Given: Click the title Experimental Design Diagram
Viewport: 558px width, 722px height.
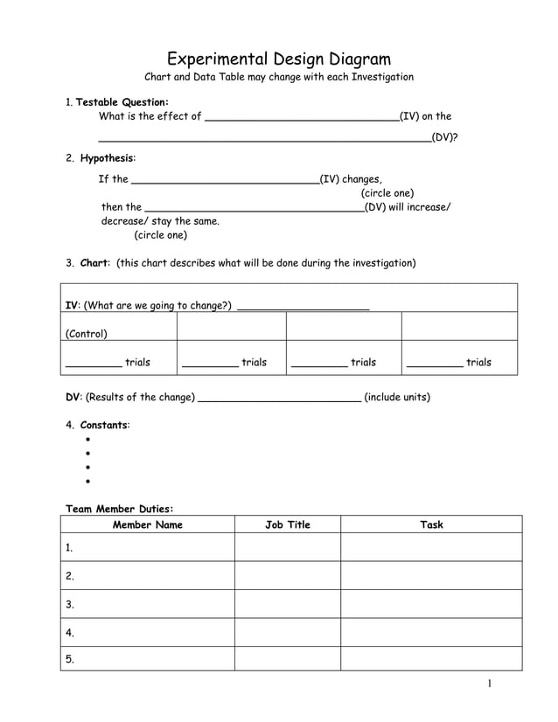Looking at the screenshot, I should (x=278, y=59).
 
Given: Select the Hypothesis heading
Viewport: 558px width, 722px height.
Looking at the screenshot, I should (x=108, y=158).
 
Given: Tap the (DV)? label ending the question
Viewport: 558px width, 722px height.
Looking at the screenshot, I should (x=445, y=137).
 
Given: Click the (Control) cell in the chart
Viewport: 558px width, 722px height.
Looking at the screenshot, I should (x=87, y=333).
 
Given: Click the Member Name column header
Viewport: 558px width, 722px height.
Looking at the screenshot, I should (x=147, y=524).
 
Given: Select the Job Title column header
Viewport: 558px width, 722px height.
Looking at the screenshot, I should (x=287, y=524).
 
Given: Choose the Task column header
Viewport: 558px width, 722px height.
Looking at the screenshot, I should (x=430, y=524).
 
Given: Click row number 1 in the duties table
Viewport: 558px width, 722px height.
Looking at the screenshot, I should (x=70, y=548).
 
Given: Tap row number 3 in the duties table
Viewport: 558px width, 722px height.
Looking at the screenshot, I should (x=70, y=604).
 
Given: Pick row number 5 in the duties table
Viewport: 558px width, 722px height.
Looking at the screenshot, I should (x=70, y=660).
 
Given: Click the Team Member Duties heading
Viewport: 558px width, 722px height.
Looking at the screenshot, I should (x=120, y=508).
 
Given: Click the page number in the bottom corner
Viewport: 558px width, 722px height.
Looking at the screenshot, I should (x=492, y=684).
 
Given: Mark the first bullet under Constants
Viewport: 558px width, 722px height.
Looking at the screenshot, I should (x=88, y=440).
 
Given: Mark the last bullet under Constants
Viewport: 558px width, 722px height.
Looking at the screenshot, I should (x=88, y=482).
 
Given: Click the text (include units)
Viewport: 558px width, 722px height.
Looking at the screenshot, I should (x=396, y=397).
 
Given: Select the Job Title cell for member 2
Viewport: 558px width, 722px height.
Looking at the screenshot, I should (x=287, y=576).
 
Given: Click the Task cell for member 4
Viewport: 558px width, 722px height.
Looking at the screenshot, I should (x=430, y=632).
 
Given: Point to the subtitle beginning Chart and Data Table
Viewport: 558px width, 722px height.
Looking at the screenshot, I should (x=278, y=77).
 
